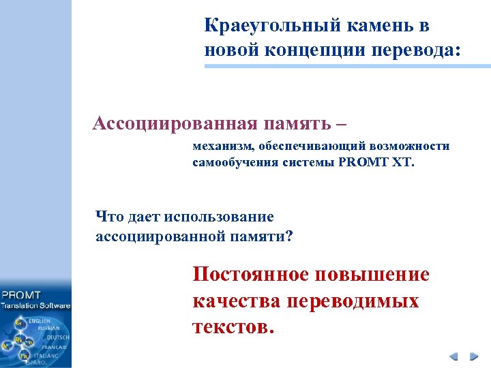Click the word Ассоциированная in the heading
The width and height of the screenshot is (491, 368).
point(175,123)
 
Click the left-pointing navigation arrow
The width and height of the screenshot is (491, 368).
point(453,356)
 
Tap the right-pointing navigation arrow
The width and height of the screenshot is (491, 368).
point(473,356)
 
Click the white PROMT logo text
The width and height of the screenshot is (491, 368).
point(22,295)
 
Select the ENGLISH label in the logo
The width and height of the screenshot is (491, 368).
point(40,320)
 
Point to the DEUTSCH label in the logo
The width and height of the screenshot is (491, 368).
point(57,337)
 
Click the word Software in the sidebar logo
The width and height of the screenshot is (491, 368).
point(54,306)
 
